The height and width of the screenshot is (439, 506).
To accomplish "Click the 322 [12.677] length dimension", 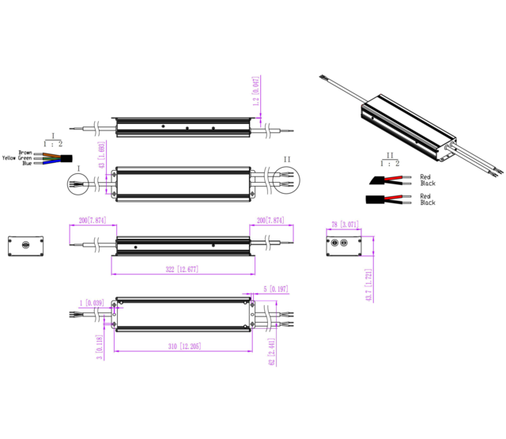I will point(182,270).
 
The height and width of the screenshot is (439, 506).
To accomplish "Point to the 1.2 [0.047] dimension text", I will point(255,92).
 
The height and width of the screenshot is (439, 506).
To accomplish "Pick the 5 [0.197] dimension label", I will point(277,290).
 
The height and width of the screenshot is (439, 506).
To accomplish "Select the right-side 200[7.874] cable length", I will point(270,220).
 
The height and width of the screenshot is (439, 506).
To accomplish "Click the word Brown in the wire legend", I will point(25,153).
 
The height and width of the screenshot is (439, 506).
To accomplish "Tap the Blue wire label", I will point(27,164).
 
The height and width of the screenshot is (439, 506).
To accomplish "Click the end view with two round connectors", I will point(343,244).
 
